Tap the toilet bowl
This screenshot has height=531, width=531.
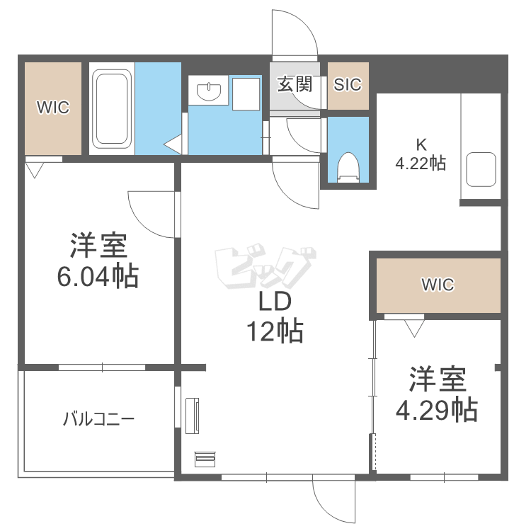pos(348,168)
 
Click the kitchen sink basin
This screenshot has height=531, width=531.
pos(481,169)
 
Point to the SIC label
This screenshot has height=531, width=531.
pos(348,84)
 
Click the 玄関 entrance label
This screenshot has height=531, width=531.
pos(294,84)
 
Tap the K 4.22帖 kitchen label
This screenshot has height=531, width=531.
pos(421,154)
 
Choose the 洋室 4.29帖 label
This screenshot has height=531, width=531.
pos(436,394)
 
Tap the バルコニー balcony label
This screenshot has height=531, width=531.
pos(98,419)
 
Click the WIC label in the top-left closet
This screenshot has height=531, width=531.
pos(53,108)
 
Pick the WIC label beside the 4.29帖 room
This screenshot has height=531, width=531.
pos(438,285)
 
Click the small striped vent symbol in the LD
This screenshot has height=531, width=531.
pos(205,459)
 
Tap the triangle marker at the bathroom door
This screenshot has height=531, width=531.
pos(173,145)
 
